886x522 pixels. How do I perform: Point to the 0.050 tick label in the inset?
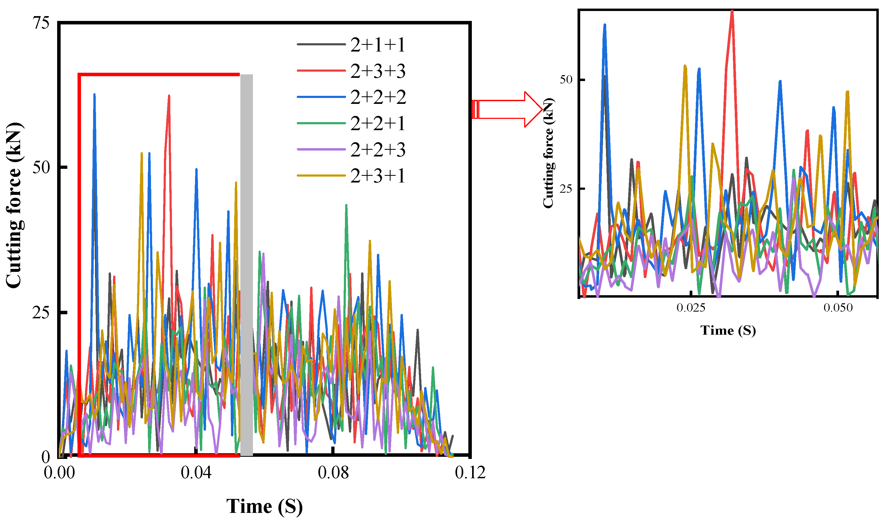click(x=838, y=308)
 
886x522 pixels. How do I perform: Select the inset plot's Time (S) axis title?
click(x=728, y=331)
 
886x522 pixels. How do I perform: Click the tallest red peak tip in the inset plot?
click(x=732, y=11)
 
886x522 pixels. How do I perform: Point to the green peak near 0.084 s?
click(x=346, y=205)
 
